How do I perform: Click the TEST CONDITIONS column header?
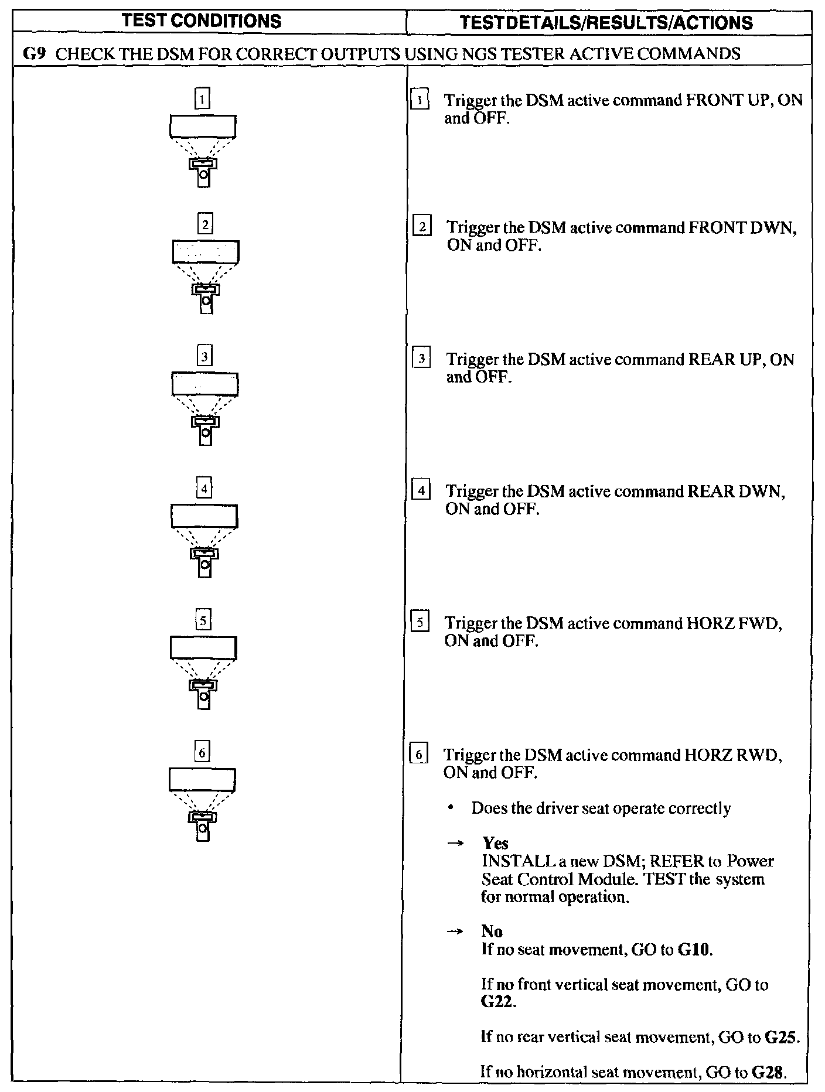point(202,22)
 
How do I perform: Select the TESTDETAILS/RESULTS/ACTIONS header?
point(606,23)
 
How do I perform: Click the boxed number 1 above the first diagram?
point(202,100)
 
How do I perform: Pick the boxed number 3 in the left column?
point(204,356)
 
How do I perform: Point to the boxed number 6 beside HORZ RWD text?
point(419,755)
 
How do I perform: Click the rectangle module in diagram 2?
point(206,252)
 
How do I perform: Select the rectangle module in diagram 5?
point(203,647)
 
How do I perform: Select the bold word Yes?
point(495,844)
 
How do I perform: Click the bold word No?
point(492,931)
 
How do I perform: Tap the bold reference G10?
point(694,949)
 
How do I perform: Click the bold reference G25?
point(782,1038)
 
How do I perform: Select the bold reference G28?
point(768,1073)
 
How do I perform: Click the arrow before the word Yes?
point(455,844)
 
